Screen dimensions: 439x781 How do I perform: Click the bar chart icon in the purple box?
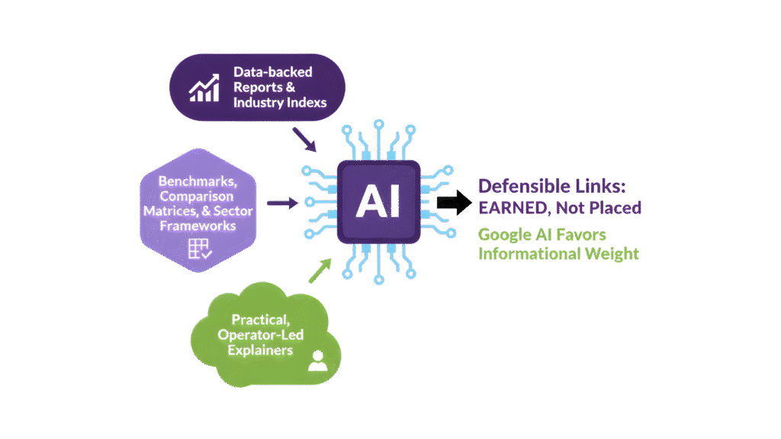click(204, 88)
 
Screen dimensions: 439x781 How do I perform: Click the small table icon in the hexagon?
click(198, 249)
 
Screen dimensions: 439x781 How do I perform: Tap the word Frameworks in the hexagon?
click(198, 225)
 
